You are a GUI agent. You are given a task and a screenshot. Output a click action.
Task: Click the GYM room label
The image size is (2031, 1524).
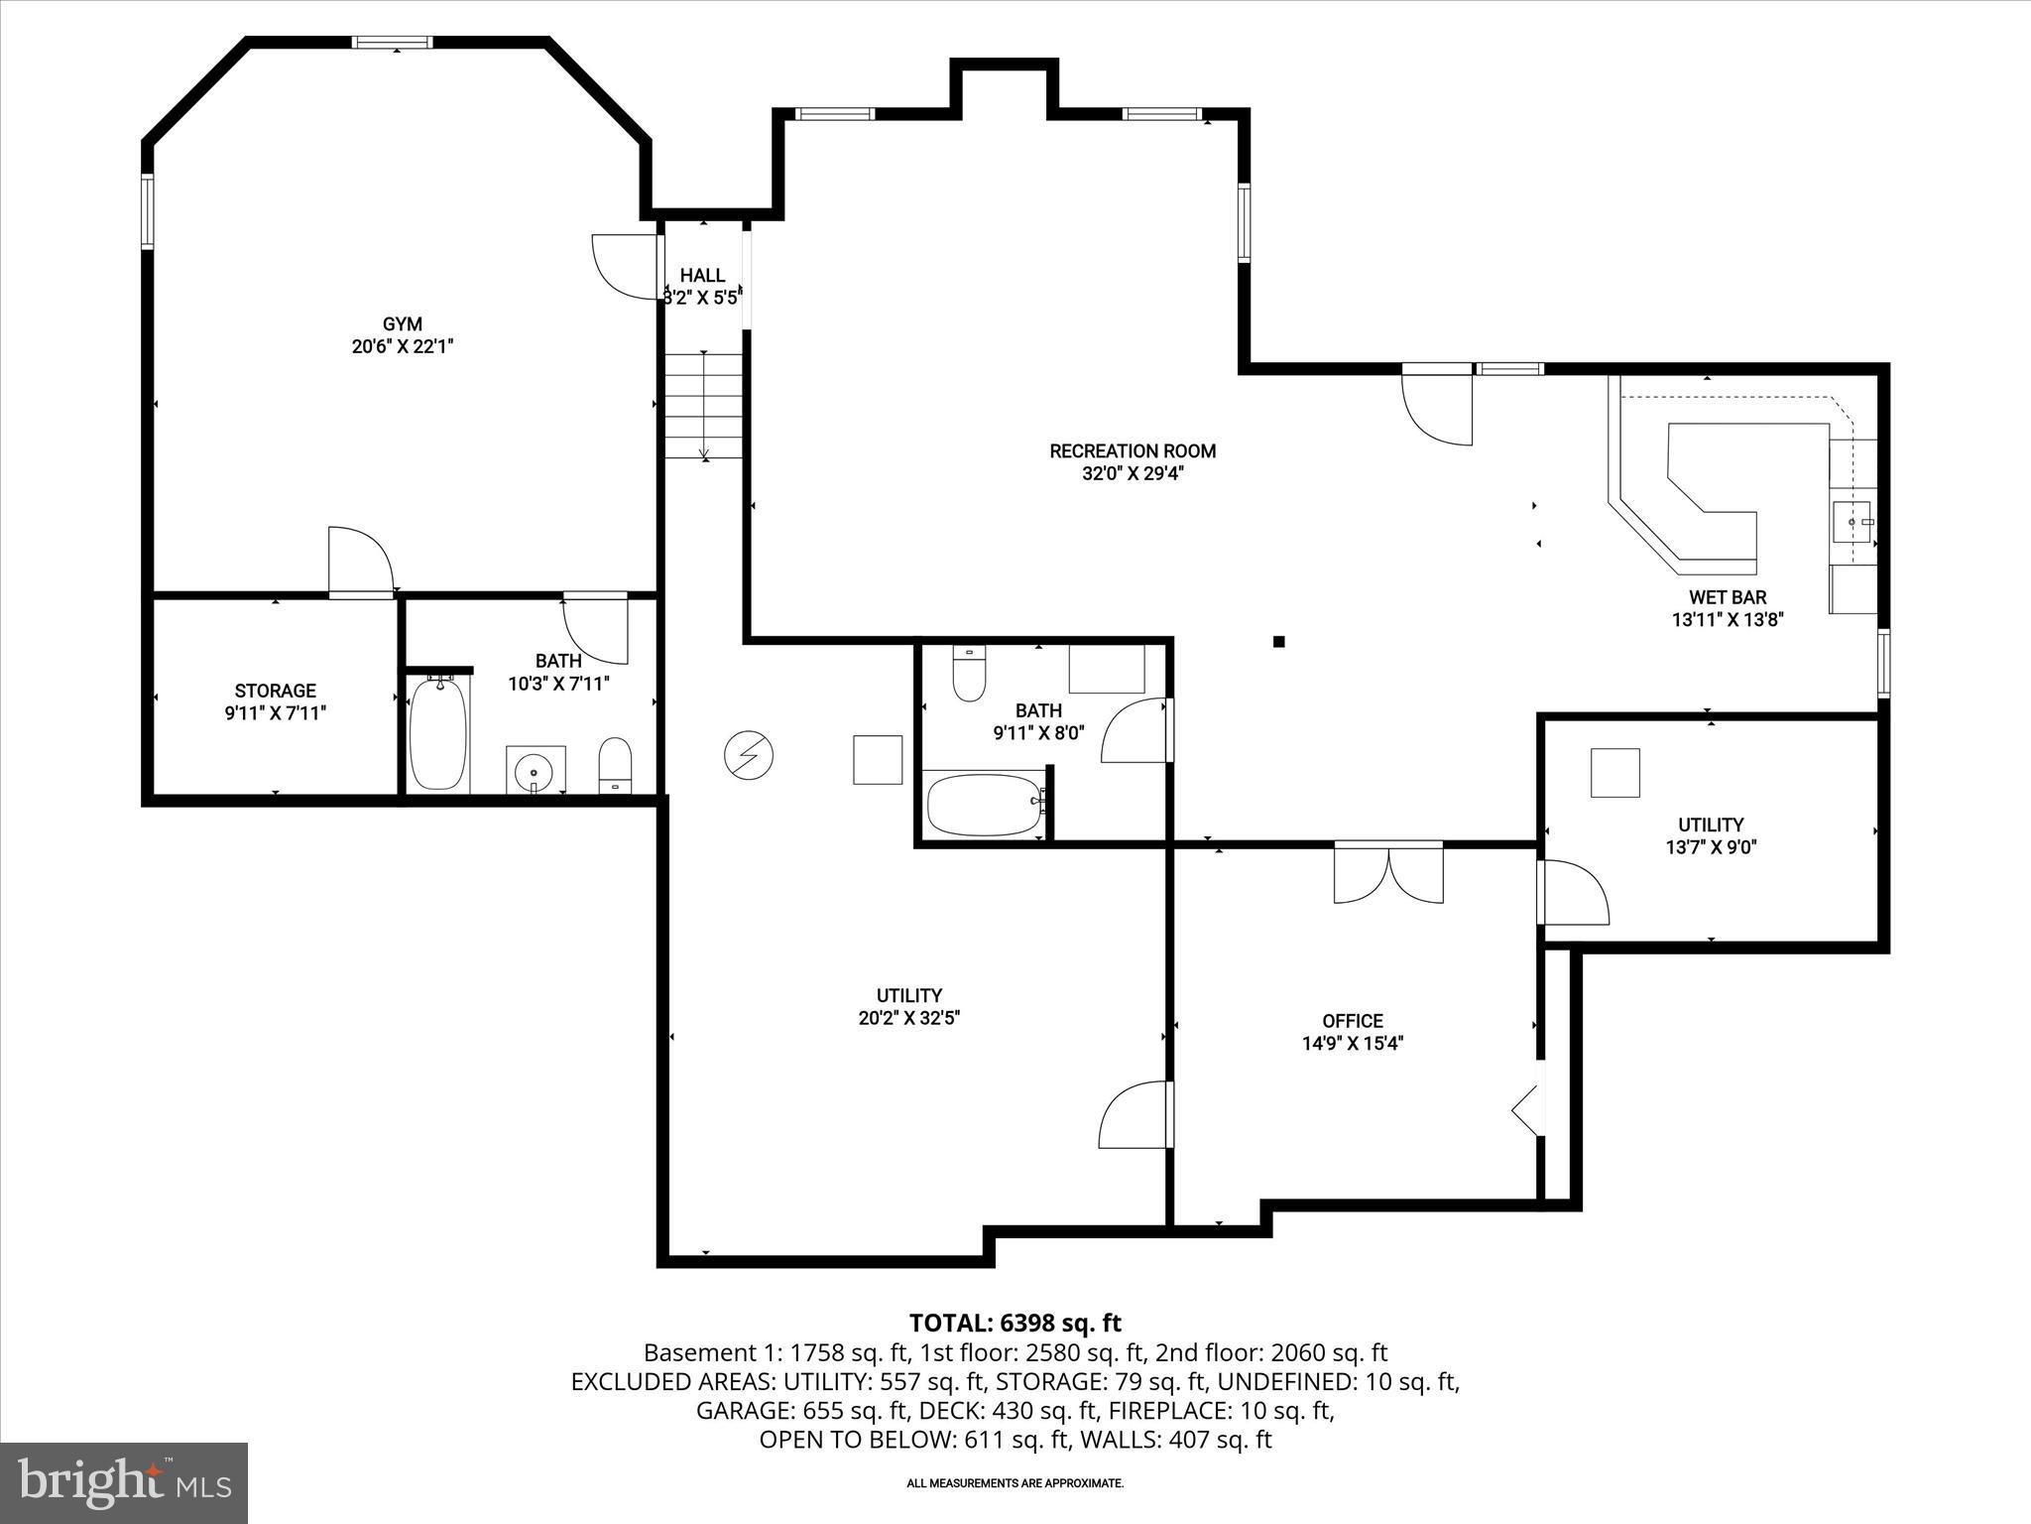point(402,324)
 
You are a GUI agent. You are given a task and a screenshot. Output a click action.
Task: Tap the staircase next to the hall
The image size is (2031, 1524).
point(703,406)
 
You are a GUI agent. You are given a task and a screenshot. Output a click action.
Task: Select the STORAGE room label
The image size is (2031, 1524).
point(275,691)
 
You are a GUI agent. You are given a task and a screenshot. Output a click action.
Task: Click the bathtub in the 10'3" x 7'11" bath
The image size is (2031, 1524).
point(437,735)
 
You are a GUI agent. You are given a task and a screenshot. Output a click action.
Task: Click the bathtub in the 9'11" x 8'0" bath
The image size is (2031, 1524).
point(985,805)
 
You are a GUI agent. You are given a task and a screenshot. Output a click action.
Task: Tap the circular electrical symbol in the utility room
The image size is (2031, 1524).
point(748,756)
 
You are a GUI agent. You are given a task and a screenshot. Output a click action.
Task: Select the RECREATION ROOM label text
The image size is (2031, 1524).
point(1133,451)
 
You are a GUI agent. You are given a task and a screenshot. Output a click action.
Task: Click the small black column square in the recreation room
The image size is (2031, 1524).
point(1279,642)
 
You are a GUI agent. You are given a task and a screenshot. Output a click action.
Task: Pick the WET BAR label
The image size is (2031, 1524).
point(1728,597)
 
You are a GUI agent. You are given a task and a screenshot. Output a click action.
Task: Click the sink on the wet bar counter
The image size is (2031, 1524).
point(1852,521)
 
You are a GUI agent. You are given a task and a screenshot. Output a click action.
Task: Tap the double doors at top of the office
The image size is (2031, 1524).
point(1388,873)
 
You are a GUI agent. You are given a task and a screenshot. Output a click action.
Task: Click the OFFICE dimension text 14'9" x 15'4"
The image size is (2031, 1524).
point(1353,1043)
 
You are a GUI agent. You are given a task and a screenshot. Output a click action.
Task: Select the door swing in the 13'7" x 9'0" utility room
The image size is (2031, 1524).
point(1574,893)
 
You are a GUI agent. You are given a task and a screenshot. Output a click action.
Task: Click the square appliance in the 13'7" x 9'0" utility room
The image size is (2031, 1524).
point(1615,773)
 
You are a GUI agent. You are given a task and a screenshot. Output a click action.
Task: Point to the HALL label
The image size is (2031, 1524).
point(702,275)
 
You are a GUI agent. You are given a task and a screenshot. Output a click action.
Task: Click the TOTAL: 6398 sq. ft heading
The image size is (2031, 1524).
point(1015,1323)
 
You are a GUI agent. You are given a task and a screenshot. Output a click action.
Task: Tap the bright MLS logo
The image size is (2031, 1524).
point(124,1482)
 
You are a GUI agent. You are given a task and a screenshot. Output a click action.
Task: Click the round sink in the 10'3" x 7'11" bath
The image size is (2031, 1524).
point(536,771)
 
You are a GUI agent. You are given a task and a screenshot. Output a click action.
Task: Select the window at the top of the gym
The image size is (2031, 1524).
point(394,43)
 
